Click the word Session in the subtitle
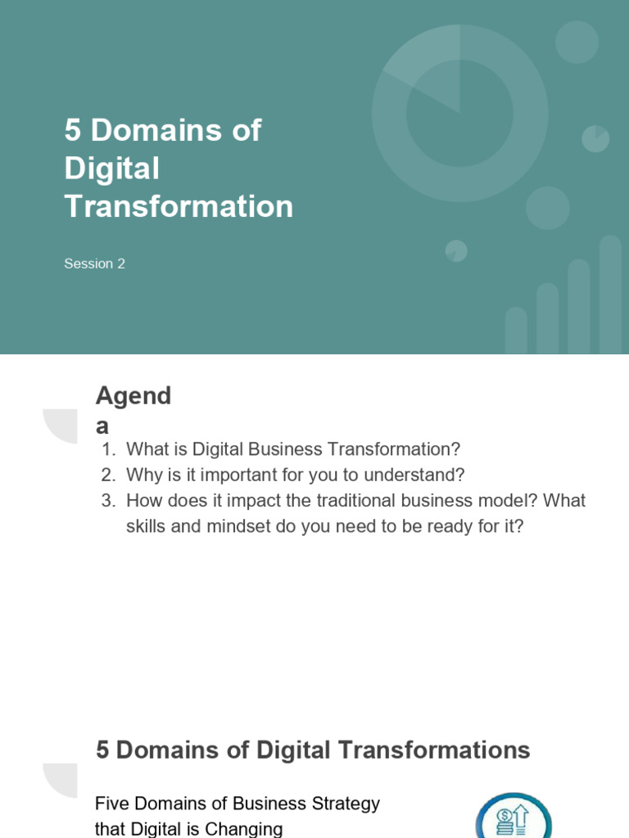click(x=88, y=264)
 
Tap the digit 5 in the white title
click(x=72, y=130)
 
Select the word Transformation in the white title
click(x=179, y=206)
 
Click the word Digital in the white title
click(x=111, y=169)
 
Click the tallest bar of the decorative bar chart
click(x=610, y=295)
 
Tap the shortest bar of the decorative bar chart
click(x=516, y=331)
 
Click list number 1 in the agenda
click(x=109, y=449)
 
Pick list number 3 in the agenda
click(x=109, y=501)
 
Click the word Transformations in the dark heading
click(x=434, y=750)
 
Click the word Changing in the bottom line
click(x=243, y=829)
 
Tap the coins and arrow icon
click(x=514, y=818)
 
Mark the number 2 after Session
click(x=121, y=264)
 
